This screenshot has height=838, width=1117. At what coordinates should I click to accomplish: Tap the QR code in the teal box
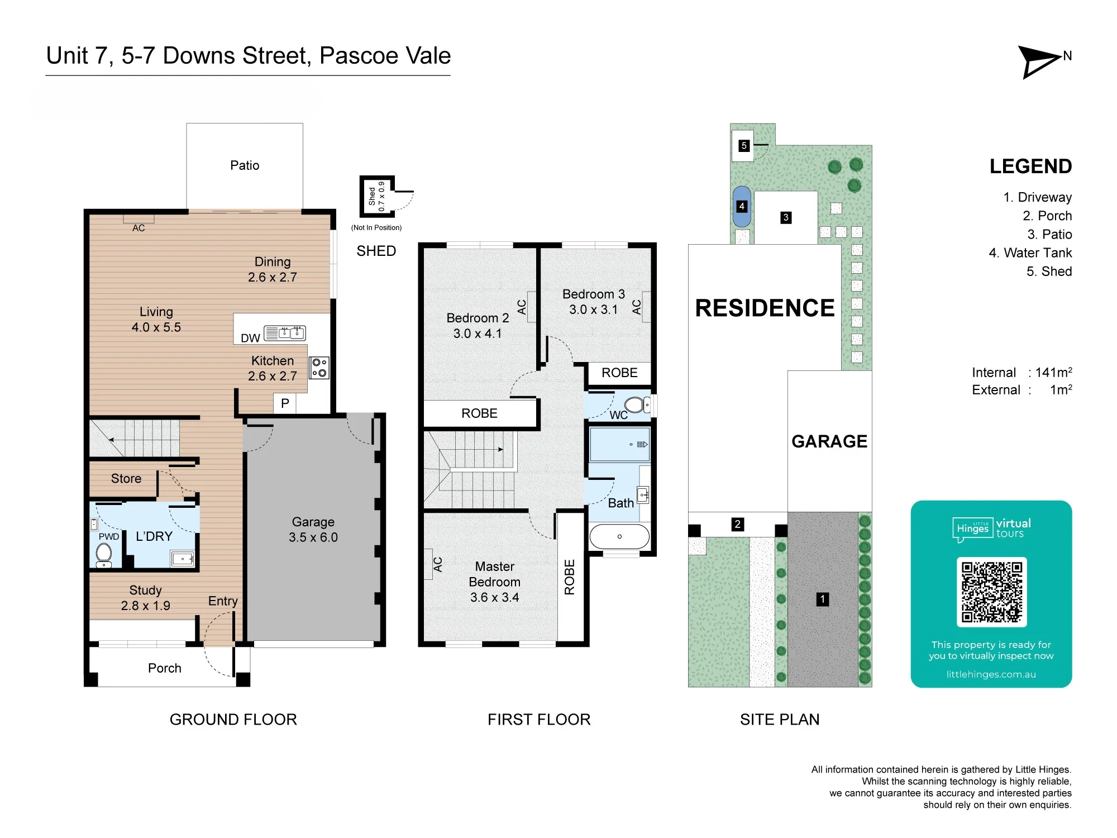(x=991, y=592)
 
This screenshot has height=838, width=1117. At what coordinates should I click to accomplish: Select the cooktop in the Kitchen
(x=319, y=368)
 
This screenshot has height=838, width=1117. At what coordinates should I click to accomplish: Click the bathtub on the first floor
(x=619, y=536)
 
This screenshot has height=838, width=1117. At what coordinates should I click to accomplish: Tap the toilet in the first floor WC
(x=637, y=404)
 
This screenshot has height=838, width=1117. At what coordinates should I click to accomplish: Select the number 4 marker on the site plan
(x=742, y=206)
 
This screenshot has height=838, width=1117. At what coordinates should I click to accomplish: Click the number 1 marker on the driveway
(x=822, y=599)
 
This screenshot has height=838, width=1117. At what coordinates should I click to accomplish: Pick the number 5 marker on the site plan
(x=743, y=146)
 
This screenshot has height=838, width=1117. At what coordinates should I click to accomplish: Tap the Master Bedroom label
(x=494, y=574)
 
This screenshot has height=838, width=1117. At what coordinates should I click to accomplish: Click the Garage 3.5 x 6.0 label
(x=313, y=530)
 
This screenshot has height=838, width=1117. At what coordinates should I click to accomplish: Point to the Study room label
(x=145, y=591)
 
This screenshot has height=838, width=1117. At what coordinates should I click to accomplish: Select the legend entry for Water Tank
(x=1030, y=253)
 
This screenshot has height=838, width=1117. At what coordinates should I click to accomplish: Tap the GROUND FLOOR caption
(x=233, y=720)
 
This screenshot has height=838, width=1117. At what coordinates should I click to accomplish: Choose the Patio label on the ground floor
(x=245, y=165)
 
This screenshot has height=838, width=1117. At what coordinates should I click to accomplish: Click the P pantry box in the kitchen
(x=285, y=403)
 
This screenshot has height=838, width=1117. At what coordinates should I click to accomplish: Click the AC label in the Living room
(x=139, y=228)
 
